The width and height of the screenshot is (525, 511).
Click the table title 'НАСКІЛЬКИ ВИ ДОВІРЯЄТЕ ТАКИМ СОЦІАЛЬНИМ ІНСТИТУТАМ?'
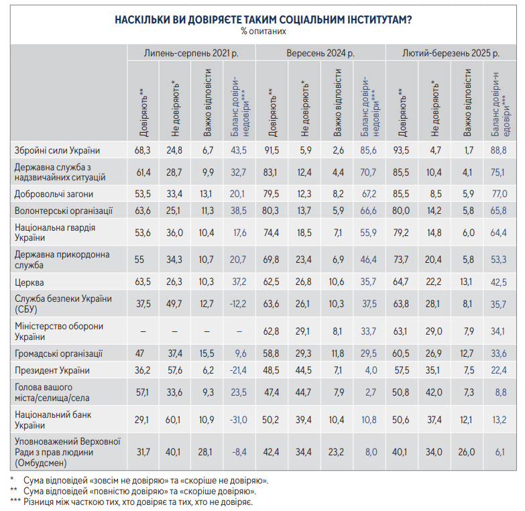[263, 20]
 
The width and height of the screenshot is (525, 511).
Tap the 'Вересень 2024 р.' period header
[321, 52]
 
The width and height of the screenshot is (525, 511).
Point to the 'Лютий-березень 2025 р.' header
[451, 52]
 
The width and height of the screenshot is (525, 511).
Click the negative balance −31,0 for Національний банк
[240, 419]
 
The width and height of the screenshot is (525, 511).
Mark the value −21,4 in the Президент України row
[239, 370]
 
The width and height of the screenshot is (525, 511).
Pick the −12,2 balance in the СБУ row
[240, 304]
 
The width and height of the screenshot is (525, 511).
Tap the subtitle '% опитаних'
[263, 31]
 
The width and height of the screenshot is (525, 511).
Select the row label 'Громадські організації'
[58, 353]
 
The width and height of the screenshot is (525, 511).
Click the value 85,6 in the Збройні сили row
[369, 150]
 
